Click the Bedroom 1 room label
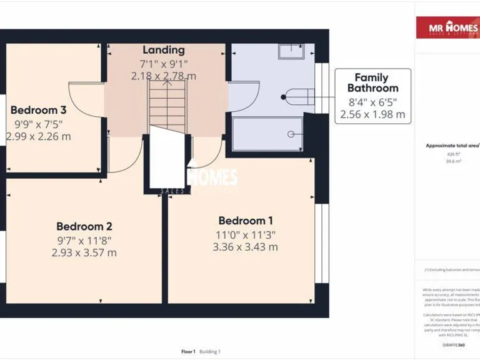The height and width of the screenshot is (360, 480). (246, 221)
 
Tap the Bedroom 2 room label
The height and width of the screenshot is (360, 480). (84, 226)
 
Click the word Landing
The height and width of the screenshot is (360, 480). (164, 50)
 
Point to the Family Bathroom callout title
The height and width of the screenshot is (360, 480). (372, 82)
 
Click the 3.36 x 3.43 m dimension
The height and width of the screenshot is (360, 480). (246, 247)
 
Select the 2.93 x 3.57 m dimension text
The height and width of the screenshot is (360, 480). (84, 252)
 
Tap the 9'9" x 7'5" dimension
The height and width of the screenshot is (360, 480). (39, 124)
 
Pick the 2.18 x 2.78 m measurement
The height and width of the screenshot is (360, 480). (164, 76)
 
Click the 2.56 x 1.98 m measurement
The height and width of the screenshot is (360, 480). (372, 114)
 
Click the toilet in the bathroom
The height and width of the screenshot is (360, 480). (298, 97)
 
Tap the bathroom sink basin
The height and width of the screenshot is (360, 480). (291, 52)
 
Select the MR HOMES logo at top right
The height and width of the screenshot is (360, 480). (447, 28)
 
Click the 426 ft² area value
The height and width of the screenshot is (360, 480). (453, 154)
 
